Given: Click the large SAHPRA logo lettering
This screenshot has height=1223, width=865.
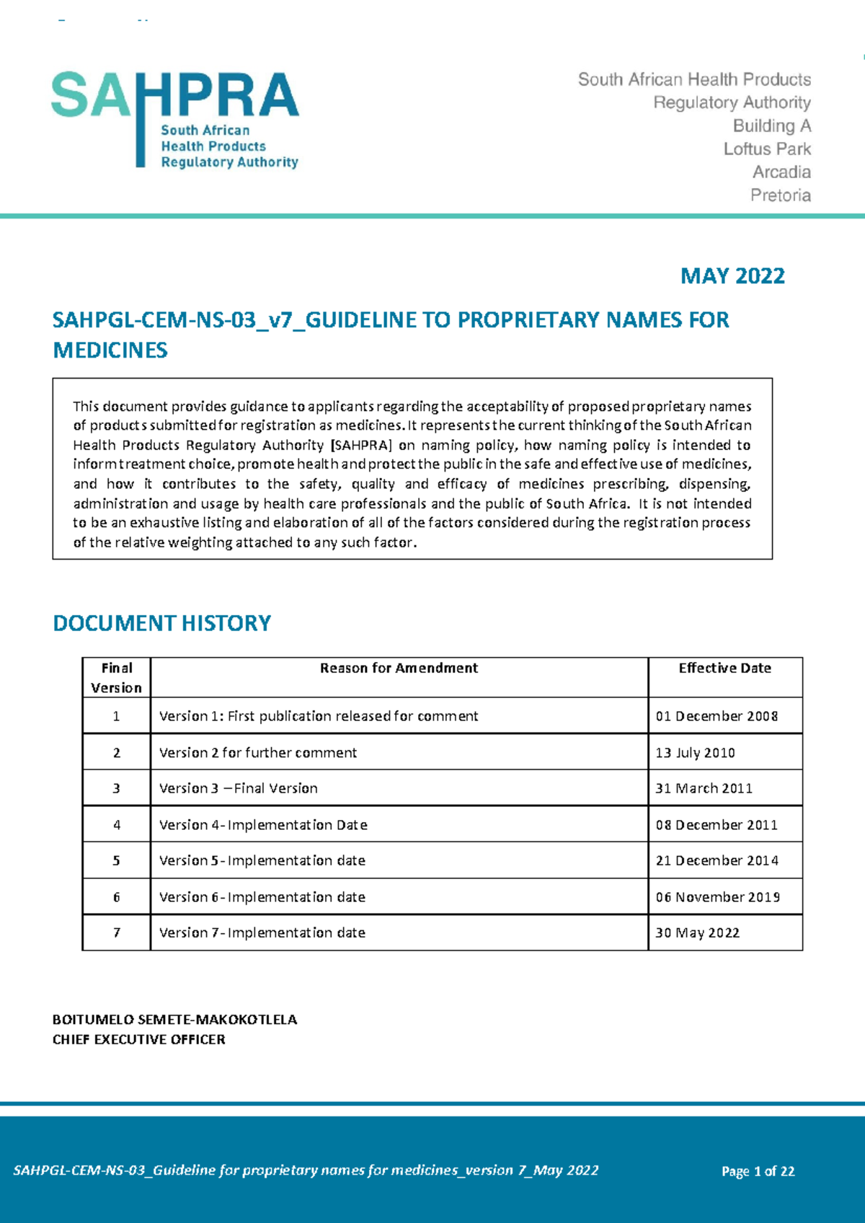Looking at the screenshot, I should coord(175,95).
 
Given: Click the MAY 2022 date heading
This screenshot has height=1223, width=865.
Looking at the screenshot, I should coord(732,276).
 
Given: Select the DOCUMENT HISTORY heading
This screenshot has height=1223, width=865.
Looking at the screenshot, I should coord(161,623).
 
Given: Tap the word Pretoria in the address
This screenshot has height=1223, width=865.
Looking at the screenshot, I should coord(780,195).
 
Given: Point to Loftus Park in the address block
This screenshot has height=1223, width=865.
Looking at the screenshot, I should coord(767,149).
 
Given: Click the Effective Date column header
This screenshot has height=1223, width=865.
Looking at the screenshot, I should coord(724,668).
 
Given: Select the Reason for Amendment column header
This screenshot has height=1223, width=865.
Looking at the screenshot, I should coord(399,668).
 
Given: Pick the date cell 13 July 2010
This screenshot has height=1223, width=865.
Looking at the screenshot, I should coord(695,753).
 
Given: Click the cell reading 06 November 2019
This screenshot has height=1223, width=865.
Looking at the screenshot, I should coord(717,897).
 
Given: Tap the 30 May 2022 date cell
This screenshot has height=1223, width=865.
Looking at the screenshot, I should coord(697,933).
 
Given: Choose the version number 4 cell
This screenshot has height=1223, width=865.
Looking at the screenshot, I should coord(117,825).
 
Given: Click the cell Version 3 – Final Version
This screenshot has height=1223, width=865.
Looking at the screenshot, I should coord(238,789).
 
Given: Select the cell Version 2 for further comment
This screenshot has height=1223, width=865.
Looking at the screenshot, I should coord(257,753).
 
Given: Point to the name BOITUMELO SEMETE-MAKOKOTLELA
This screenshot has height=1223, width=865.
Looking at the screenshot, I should coord(174,1020).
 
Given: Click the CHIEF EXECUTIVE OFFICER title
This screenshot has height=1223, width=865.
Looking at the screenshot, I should coord(138,1040).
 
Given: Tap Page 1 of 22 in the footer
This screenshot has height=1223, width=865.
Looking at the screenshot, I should coord(758,1172).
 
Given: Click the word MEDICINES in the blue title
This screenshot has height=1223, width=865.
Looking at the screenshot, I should coord(110,351).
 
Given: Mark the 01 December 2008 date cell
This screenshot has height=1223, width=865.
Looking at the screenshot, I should coord(717,717).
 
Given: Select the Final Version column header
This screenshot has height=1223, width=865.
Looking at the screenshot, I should coord(117,678).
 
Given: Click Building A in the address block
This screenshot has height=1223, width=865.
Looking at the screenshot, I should coord(771,126).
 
